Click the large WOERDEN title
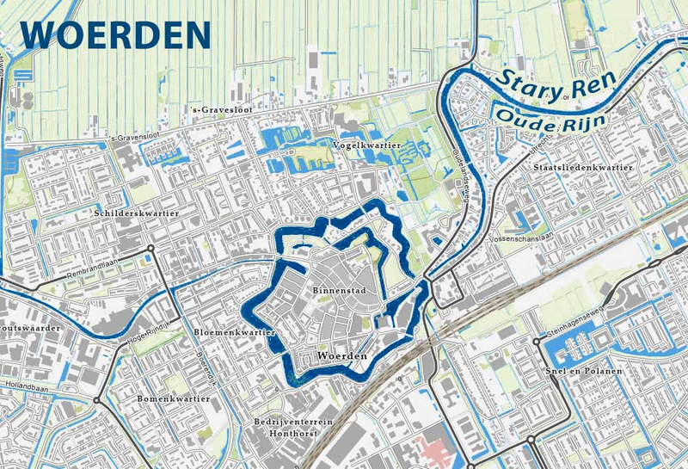click(116, 34)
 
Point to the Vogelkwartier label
click(366, 146)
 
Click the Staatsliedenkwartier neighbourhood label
click(583, 167)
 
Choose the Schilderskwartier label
click(138, 212)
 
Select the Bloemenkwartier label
click(235, 332)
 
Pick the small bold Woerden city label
click(342, 355)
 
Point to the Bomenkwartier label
click(174, 399)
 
